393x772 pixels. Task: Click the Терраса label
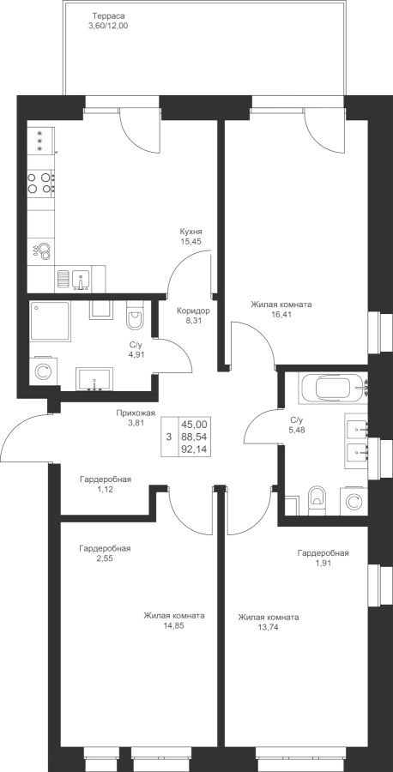pyautogui.click(x=104, y=16)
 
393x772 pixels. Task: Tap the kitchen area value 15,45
pyautogui.click(x=191, y=241)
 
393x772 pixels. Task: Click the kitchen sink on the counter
pyautogui.click(x=80, y=280)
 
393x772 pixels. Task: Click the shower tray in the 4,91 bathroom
pyautogui.click(x=50, y=321)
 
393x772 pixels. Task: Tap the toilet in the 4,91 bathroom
pyautogui.click(x=135, y=316)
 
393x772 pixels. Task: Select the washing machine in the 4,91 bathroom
pyautogui.click(x=43, y=371)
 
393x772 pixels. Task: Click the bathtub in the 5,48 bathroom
pyautogui.click(x=336, y=389)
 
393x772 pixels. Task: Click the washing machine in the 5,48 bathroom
pyautogui.click(x=354, y=501)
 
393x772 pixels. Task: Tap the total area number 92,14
pyautogui.click(x=194, y=449)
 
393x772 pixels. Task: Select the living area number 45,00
pyautogui.click(x=194, y=425)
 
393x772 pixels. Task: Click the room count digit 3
pyautogui.click(x=169, y=437)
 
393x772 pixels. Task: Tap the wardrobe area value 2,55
pyautogui.click(x=105, y=558)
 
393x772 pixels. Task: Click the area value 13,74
pyautogui.click(x=268, y=627)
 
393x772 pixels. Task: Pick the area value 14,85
pyautogui.click(x=174, y=626)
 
